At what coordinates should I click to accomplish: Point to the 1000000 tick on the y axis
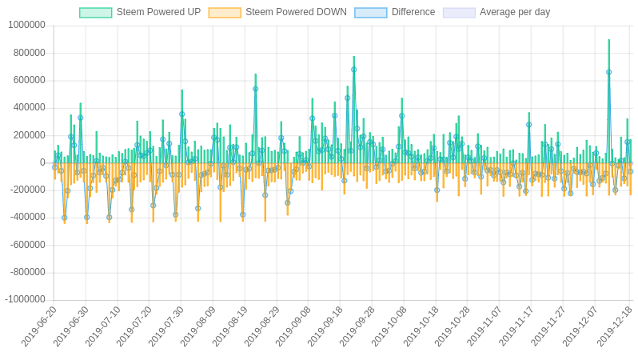click(x=26, y=26)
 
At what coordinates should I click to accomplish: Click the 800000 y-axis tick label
click(x=29, y=53)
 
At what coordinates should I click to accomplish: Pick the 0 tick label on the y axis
click(x=42, y=162)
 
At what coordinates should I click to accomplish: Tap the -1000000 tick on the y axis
click(x=25, y=300)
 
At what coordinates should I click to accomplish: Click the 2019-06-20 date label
click(x=39, y=326)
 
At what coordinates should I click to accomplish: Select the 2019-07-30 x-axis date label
click(x=166, y=326)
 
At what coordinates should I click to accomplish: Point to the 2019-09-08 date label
click(x=294, y=326)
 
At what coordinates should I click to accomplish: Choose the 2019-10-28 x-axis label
click(x=453, y=326)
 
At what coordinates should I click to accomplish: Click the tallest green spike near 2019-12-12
click(x=608, y=42)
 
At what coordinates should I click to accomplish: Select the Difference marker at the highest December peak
click(x=608, y=72)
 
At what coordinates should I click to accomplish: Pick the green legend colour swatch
click(x=95, y=13)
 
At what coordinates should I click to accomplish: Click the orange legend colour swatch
click(x=225, y=13)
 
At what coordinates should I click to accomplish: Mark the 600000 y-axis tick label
click(x=29, y=80)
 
